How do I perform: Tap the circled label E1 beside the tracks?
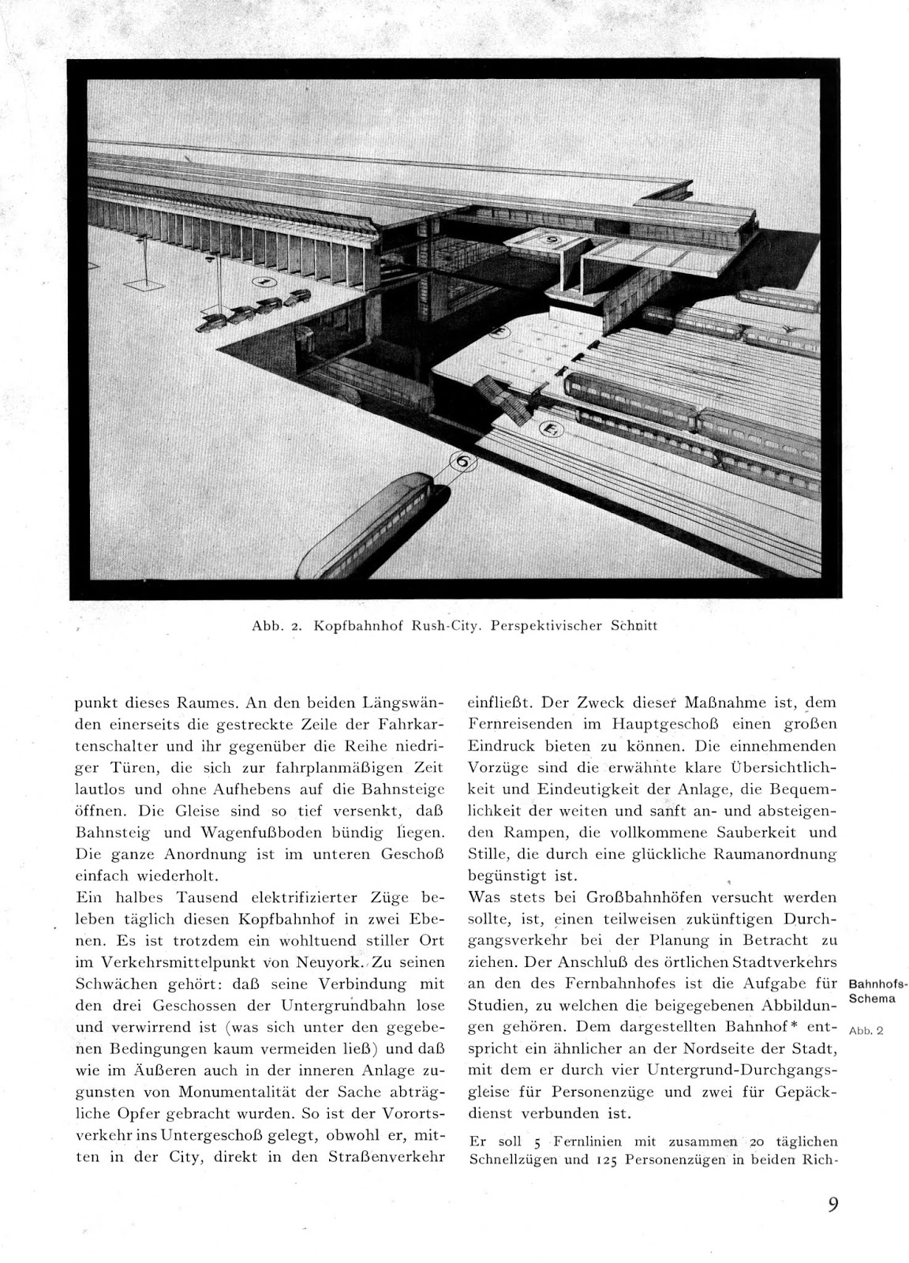click(x=547, y=429)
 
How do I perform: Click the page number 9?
click(x=833, y=1205)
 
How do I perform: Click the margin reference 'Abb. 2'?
click(x=865, y=1030)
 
